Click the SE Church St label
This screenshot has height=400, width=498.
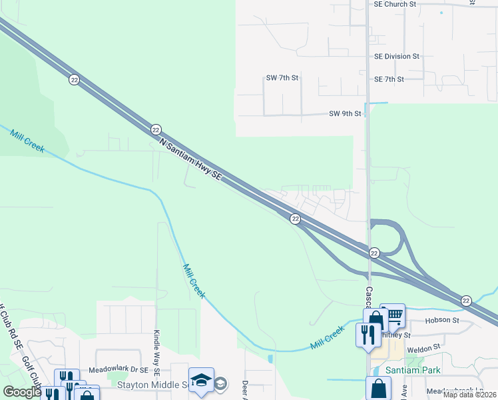[x=395, y=4]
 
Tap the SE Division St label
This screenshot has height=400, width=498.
[x=397, y=57]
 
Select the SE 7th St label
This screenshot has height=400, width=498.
[x=389, y=79]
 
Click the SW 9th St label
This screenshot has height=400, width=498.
[x=345, y=113]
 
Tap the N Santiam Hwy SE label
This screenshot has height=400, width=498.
[x=190, y=158]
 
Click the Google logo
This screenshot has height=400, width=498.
[x=21, y=391]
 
